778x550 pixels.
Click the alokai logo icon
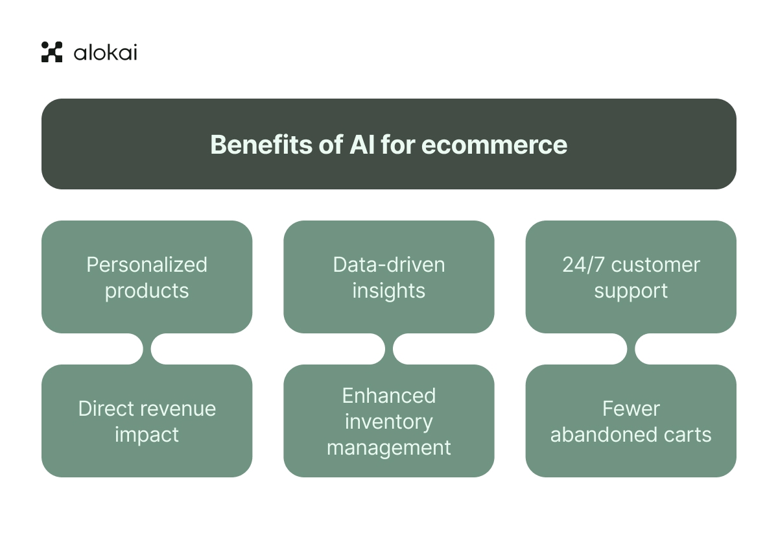click(x=52, y=52)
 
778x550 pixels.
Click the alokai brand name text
click(x=105, y=52)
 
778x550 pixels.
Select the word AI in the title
click(x=362, y=144)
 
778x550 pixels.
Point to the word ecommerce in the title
click(x=494, y=144)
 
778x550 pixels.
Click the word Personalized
click(x=147, y=265)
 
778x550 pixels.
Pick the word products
click(x=147, y=291)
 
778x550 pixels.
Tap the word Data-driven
click(x=389, y=265)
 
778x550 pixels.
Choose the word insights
click(x=389, y=291)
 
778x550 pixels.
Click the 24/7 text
click(x=582, y=265)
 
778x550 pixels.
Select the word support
click(x=631, y=291)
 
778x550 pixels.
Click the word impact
click(x=147, y=435)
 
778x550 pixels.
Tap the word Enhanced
click(x=389, y=396)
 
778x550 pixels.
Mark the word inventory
click(x=389, y=422)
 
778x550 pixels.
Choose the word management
click(x=389, y=448)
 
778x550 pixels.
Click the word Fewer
click(x=631, y=409)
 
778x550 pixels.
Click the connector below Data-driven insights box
click(x=389, y=349)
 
